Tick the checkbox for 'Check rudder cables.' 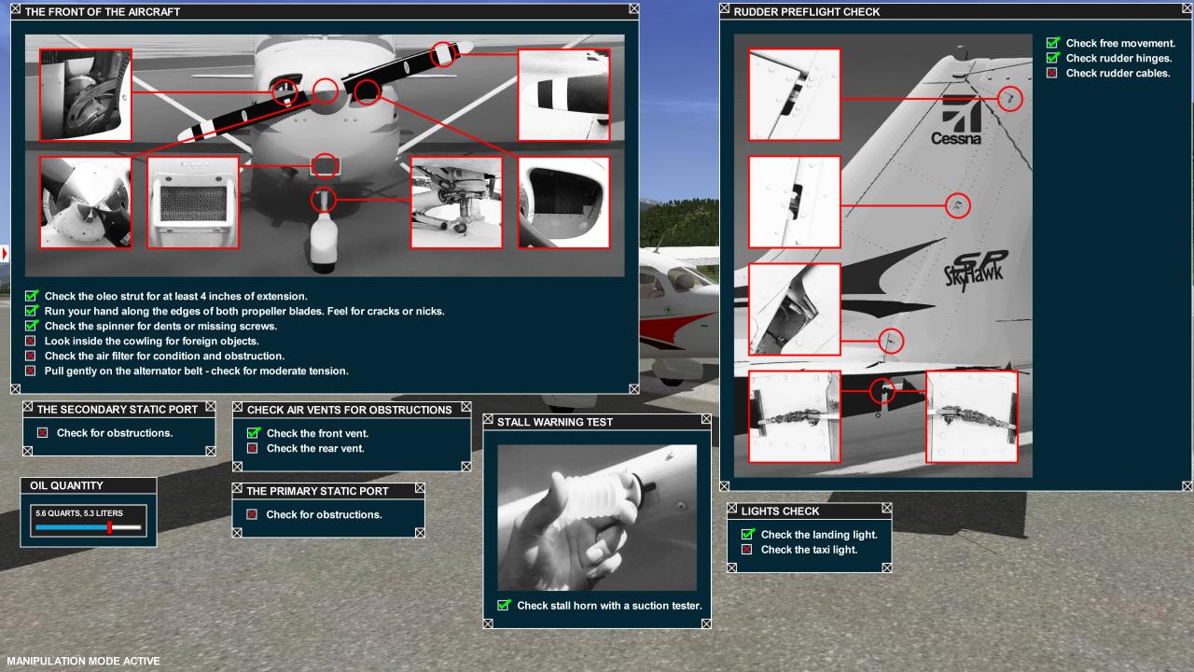click(1051, 73)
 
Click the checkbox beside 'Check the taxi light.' click(747, 550)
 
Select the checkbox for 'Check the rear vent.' click(253, 448)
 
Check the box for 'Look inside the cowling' click(31, 341)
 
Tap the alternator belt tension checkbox click(31, 371)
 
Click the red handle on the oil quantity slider click(109, 527)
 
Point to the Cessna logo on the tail click(958, 120)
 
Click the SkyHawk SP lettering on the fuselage click(976, 271)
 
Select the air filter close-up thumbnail click(193, 203)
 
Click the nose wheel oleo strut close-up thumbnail click(456, 203)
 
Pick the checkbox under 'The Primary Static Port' click(252, 514)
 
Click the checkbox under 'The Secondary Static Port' click(43, 432)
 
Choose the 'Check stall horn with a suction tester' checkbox click(504, 606)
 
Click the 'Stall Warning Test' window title click(555, 422)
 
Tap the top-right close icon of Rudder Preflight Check click(1187, 8)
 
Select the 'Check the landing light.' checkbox click(748, 534)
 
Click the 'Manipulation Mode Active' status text click(83, 661)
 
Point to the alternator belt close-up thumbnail click(85, 95)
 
